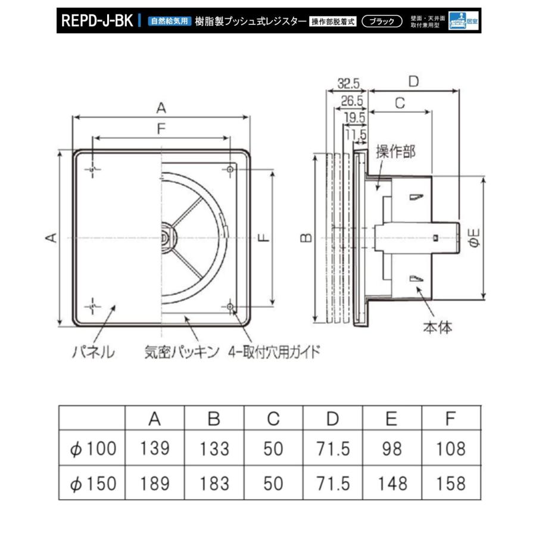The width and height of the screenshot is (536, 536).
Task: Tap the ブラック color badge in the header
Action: tap(382, 21)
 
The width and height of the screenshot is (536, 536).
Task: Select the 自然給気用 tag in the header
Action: tap(170, 21)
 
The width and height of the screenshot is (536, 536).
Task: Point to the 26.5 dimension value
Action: tap(352, 101)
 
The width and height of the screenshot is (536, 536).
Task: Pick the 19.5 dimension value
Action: tap(355, 118)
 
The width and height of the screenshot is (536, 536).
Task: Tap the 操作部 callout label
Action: tap(395, 152)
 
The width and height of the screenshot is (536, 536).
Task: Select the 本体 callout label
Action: tap(438, 327)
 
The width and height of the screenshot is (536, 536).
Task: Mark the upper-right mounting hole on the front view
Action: tap(230, 170)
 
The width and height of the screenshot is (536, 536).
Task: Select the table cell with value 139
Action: tap(155, 448)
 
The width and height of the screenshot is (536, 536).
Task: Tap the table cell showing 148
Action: tap(391, 483)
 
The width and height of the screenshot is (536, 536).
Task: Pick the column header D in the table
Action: tap(332, 419)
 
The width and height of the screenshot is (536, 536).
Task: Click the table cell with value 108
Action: tap(451, 448)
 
